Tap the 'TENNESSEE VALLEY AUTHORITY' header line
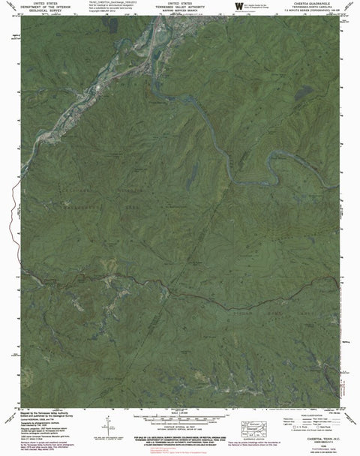coord(179,6)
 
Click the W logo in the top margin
coord(239,7)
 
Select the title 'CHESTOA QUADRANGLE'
coord(313,3)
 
